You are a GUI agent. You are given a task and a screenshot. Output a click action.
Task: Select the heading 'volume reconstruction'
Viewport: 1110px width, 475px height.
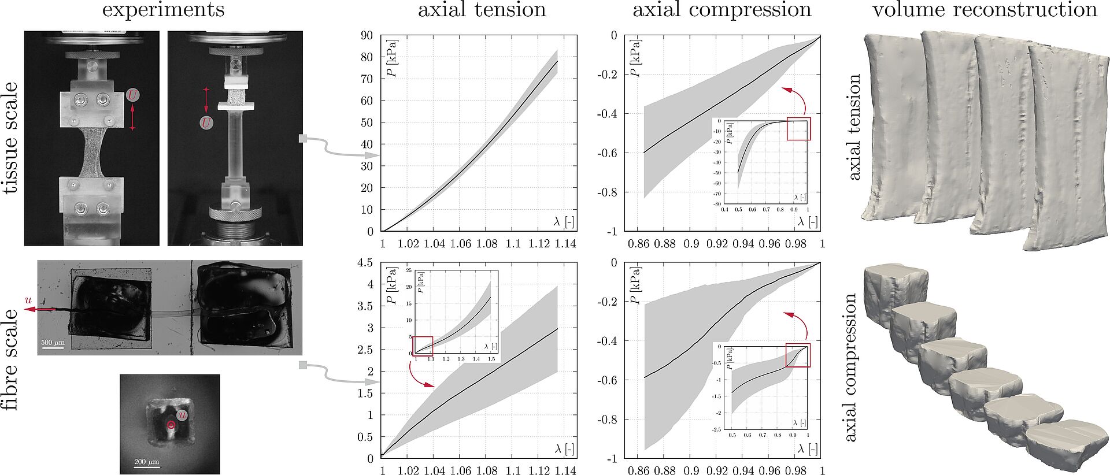(x=984, y=10)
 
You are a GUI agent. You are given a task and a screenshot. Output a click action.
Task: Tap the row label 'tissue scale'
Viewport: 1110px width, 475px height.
(x=11, y=137)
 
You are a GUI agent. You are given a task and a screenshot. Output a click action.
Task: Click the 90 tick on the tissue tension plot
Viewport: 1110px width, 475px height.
(x=367, y=35)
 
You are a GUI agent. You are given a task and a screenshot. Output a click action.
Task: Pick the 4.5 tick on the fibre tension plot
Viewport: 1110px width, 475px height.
(x=365, y=263)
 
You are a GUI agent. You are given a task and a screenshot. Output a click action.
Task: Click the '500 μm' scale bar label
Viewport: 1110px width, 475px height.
(x=53, y=343)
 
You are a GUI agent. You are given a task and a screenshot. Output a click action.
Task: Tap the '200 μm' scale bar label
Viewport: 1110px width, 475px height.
(x=146, y=462)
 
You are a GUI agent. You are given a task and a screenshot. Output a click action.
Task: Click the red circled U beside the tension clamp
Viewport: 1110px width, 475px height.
(x=133, y=95)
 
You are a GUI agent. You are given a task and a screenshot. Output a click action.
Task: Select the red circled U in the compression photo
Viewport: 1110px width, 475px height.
(x=206, y=123)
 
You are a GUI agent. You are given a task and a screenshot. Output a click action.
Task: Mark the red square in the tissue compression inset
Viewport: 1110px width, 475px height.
(x=799, y=129)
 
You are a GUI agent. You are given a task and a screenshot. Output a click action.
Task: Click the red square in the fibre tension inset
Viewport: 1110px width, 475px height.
(x=423, y=346)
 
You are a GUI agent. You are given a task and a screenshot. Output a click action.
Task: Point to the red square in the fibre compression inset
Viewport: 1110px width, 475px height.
(x=798, y=355)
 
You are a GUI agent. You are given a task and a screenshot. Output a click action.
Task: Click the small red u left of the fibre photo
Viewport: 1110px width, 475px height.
(x=28, y=300)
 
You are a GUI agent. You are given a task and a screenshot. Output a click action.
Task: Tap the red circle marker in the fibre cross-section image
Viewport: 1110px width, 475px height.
(x=171, y=425)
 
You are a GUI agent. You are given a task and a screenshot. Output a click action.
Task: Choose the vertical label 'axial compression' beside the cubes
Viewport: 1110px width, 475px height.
(x=850, y=367)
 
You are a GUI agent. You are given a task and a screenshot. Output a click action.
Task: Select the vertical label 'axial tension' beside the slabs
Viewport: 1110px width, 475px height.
(x=854, y=127)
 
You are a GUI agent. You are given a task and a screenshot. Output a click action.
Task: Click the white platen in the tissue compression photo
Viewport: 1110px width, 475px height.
(x=236, y=107)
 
